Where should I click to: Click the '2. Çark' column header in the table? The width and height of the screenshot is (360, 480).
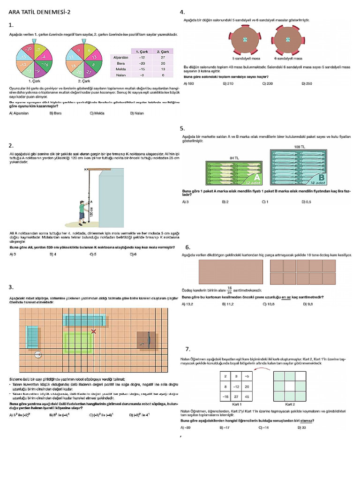point(163,51)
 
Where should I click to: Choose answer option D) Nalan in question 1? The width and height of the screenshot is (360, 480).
point(137,113)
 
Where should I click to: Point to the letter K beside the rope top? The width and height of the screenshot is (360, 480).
point(85,169)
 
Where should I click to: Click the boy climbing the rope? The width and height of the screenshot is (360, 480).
point(82,209)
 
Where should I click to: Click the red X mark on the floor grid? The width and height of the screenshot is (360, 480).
point(94,331)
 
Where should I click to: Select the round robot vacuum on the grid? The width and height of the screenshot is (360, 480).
point(38,355)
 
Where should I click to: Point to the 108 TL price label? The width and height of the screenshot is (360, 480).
point(300,147)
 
